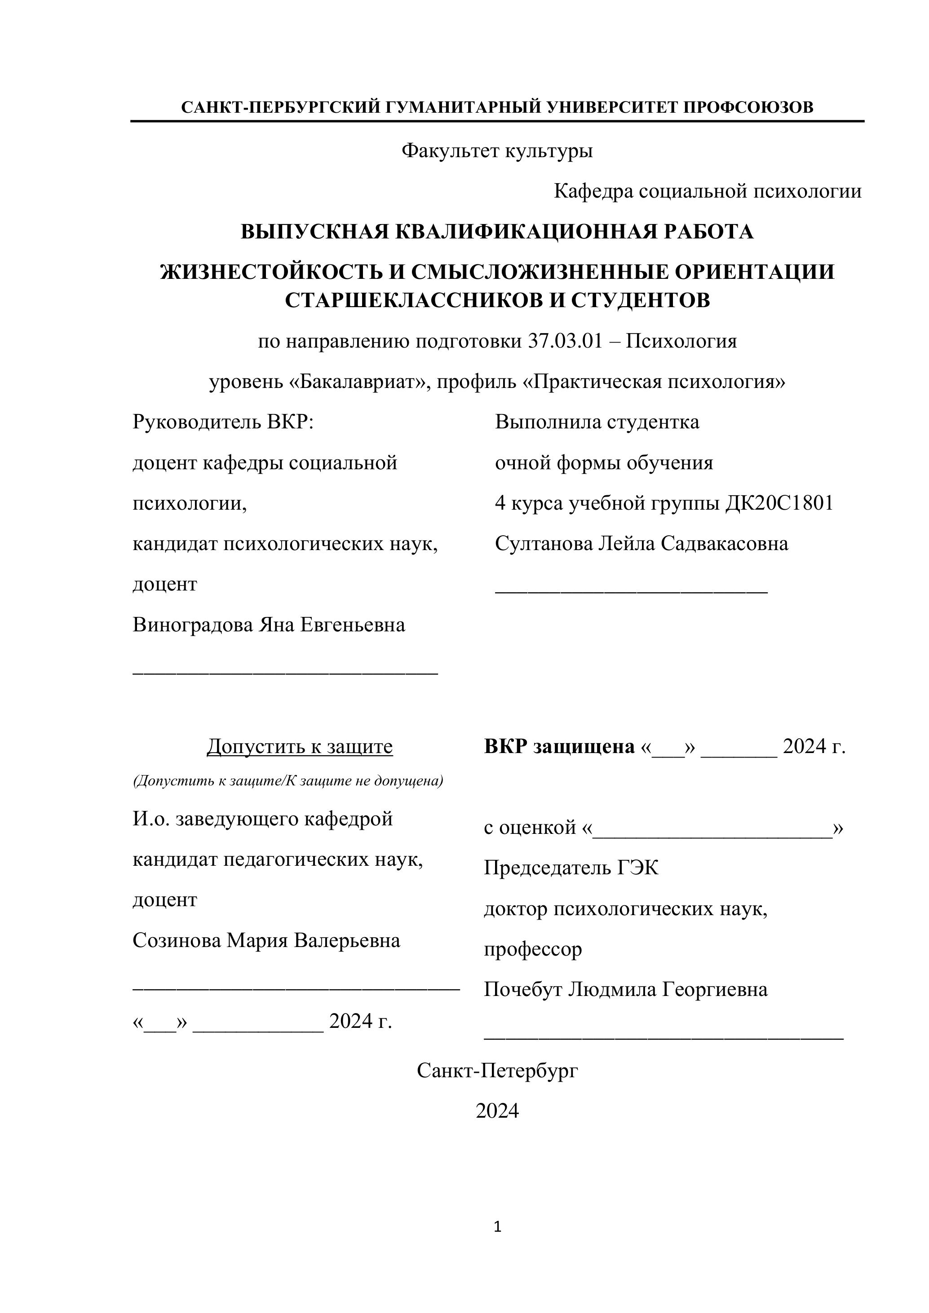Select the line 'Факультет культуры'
click(x=496, y=151)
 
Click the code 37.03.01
click(x=565, y=341)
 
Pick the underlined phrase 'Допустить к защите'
click(x=299, y=746)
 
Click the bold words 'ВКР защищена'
click(x=559, y=746)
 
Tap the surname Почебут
click(x=523, y=989)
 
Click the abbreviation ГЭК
click(x=637, y=868)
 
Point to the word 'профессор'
click(x=533, y=949)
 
